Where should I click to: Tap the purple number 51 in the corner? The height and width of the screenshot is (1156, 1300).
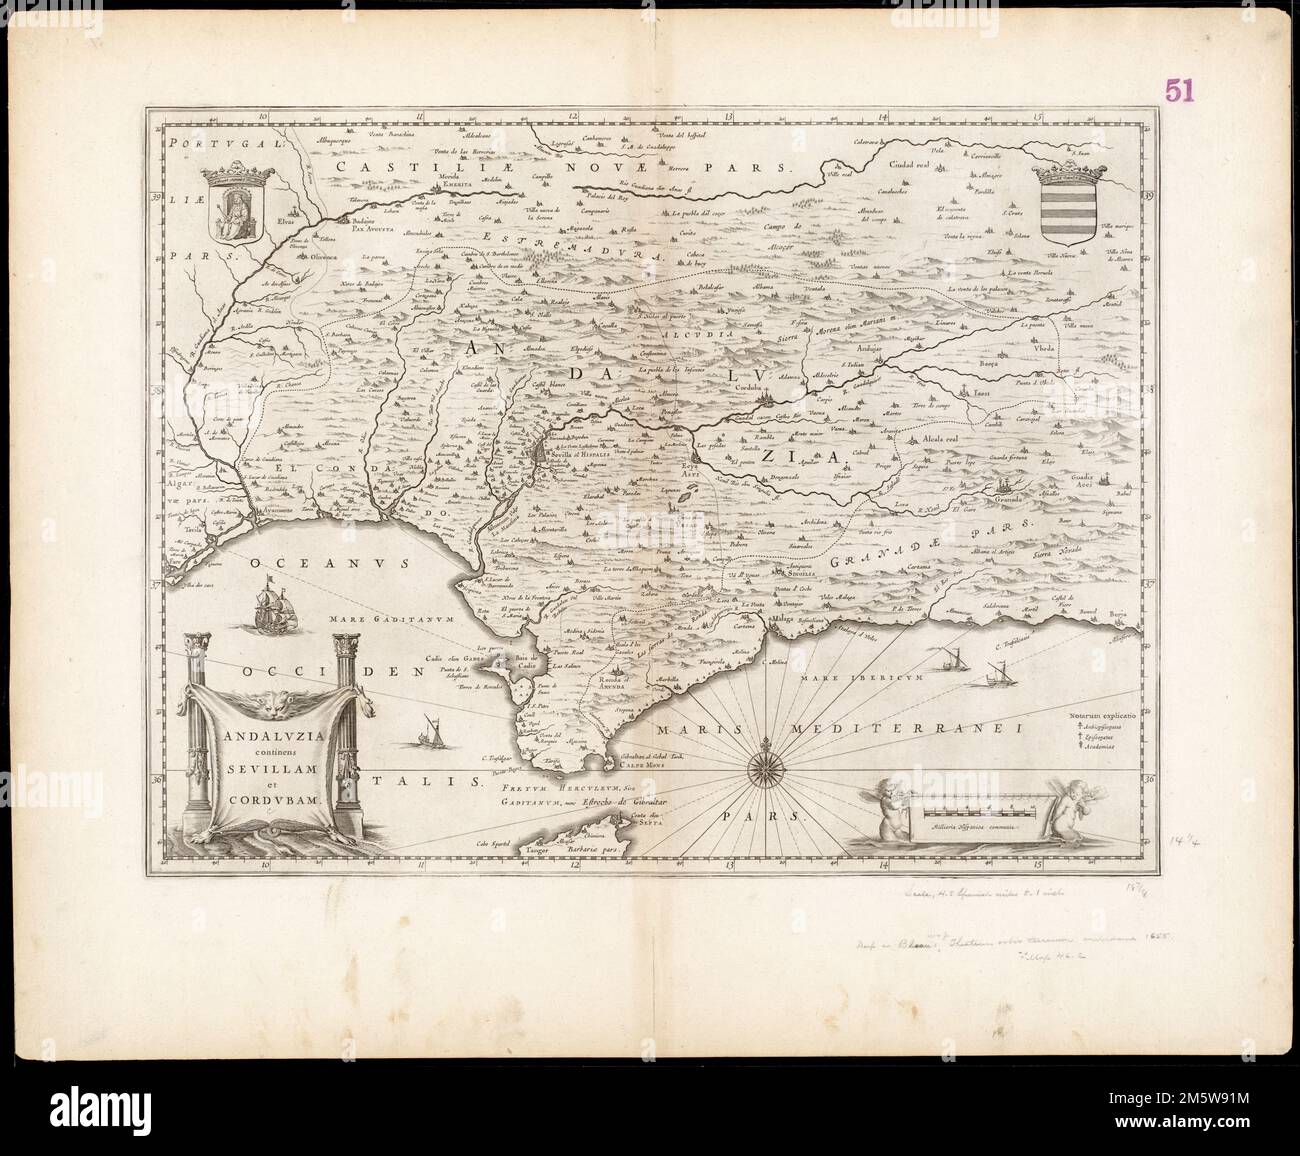point(1180,91)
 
